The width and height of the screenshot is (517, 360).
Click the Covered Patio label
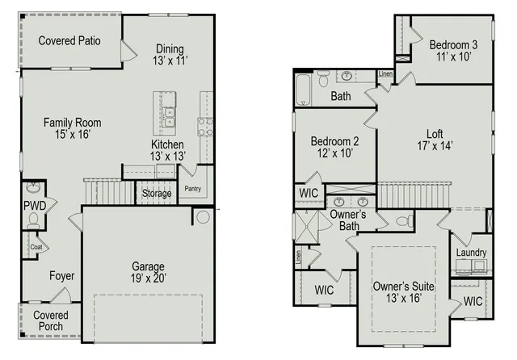[69, 40]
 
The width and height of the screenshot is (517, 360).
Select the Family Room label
[72, 128]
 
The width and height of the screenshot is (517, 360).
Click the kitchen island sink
[169, 118]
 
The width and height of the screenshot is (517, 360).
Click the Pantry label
[192, 189]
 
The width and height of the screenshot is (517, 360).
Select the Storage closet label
[157, 194]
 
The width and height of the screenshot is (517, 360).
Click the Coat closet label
[36, 247]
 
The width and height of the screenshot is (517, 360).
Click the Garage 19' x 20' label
[148, 272]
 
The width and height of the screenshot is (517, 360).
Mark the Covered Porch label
[51, 320]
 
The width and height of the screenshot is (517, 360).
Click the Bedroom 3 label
[453, 51]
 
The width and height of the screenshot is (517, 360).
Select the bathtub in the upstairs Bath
[302, 90]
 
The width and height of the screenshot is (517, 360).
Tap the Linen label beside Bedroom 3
[386, 74]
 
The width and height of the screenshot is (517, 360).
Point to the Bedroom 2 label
[334, 148]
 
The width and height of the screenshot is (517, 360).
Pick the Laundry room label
[471, 253]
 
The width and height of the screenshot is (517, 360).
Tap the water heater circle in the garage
[200, 216]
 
